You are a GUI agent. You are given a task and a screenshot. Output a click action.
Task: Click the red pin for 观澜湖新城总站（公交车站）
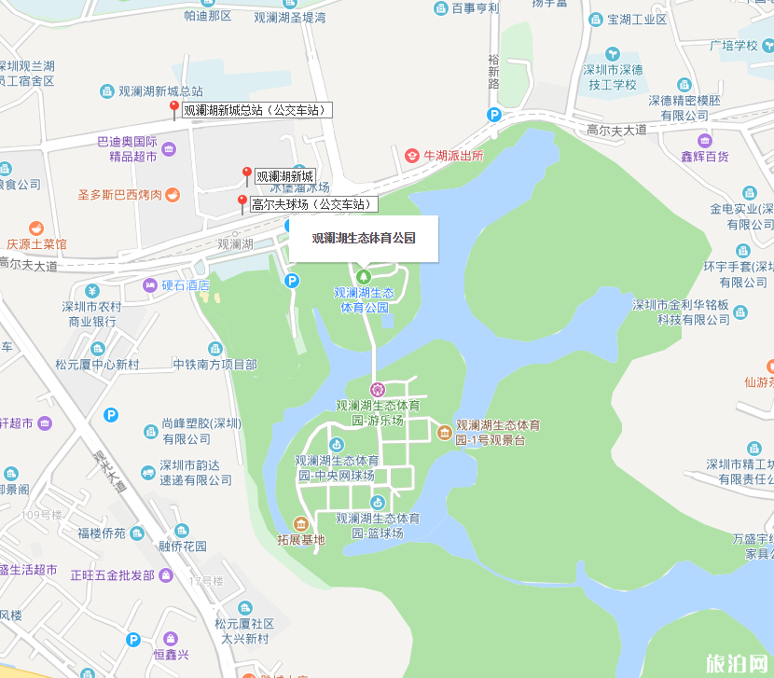pyautogui.click(x=173, y=109)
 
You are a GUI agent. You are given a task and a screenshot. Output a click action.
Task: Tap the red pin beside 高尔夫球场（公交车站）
pyautogui.click(x=242, y=202)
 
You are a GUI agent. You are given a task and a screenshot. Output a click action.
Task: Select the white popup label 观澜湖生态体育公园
pyautogui.click(x=363, y=238)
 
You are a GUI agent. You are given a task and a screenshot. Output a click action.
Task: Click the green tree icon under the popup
pyautogui.click(x=364, y=276)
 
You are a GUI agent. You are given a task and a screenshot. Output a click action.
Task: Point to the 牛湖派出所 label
pyautogui.click(x=453, y=156)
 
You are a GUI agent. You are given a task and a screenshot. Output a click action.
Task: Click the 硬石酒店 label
pyautogui.click(x=186, y=285)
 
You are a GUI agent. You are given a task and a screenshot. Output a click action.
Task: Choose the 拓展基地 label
pyautogui.click(x=301, y=539)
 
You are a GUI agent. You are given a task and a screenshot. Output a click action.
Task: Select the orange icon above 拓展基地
pyautogui.click(x=300, y=523)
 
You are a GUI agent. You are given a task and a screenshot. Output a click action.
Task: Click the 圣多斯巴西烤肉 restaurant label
pyautogui.click(x=120, y=195)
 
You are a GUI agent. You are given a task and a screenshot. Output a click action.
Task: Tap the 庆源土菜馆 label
pyautogui.click(x=36, y=244)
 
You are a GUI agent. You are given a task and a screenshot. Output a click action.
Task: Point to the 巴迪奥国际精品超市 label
pyautogui.click(x=127, y=149)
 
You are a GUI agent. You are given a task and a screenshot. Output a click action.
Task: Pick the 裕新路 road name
pyautogui.click(x=494, y=71)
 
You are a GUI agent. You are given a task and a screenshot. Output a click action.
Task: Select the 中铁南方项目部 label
pyautogui.click(x=214, y=365)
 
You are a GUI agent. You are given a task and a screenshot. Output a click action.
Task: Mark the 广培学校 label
pyautogui.click(x=733, y=45)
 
